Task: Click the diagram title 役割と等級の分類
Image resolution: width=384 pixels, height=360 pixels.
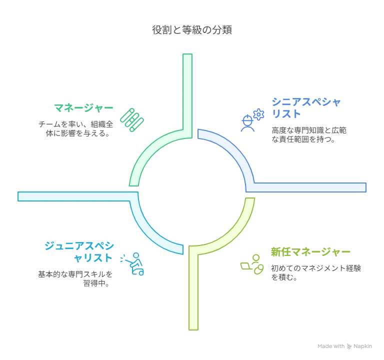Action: [192, 30]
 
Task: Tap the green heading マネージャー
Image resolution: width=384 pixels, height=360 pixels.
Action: [84, 108]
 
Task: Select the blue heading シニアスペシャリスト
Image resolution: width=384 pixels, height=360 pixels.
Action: [306, 108]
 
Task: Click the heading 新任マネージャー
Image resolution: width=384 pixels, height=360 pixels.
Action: [310, 252]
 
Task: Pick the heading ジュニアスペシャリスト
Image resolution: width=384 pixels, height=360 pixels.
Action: [79, 252]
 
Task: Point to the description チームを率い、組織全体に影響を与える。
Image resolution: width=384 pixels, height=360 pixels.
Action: [76, 129]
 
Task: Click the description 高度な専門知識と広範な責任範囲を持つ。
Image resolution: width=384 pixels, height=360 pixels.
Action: [309, 134]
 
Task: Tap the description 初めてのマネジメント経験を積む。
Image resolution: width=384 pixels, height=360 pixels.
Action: [316, 272]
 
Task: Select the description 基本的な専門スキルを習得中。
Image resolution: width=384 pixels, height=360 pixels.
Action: [75, 278]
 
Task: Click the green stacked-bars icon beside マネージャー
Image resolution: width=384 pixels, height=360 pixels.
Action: [132, 120]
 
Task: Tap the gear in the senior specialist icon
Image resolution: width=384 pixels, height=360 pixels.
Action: [258, 114]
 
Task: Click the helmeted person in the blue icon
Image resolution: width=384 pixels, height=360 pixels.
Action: [247, 123]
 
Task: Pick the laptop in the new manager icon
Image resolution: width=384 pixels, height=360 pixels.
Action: [246, 266]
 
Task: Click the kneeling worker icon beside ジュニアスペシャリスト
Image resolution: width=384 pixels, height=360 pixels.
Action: [132, 264]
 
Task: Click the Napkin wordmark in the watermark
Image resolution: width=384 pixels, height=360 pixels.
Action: [362, 346]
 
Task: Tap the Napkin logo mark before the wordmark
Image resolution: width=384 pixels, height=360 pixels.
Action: [349, 346]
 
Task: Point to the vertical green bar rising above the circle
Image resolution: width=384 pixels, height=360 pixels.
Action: [187, 96]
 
